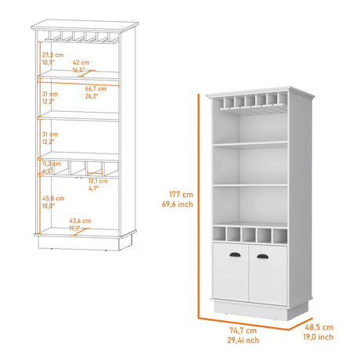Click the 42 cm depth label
tap(80, 61)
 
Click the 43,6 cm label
tap(81, 221)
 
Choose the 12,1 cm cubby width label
tap(97, 180)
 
